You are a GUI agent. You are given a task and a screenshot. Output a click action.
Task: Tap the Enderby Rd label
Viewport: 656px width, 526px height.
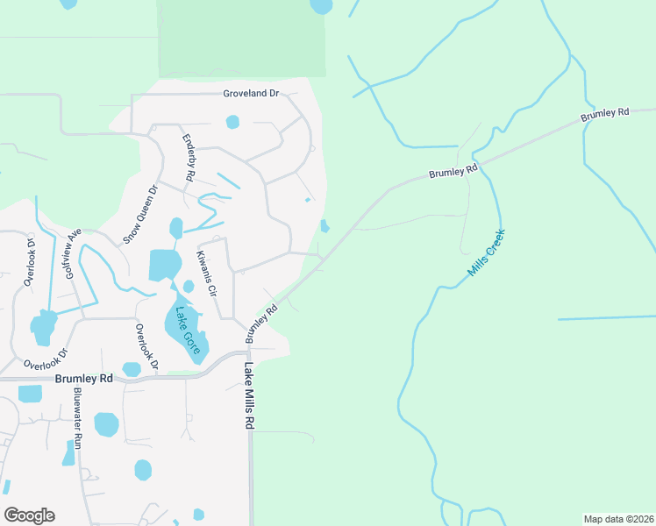[189, 158]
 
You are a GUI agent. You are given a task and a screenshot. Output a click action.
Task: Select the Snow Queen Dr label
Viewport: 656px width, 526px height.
[140, 213]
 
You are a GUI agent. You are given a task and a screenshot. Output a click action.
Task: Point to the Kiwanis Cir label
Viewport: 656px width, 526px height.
[205, 273]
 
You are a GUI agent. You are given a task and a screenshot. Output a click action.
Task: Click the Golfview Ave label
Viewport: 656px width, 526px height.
[73, 253]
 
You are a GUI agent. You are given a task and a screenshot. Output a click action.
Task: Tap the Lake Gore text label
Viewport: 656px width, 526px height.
[185, 325]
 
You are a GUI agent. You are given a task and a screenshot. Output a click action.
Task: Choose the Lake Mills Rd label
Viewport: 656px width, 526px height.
[249, 395]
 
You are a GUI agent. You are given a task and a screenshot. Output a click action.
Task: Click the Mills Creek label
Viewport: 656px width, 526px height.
[487, 253]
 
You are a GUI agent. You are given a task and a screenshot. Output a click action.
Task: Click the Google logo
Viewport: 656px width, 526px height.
[29, 515]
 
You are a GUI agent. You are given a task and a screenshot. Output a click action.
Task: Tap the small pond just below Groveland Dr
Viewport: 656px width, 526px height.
[232, 122]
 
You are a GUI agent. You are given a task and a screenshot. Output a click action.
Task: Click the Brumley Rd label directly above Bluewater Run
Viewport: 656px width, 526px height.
[84, 379]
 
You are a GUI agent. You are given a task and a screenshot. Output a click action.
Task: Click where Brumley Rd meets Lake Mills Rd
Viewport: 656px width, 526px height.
[246, 353]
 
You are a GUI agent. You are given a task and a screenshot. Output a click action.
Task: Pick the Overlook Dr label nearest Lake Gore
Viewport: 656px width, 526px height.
[144, 347]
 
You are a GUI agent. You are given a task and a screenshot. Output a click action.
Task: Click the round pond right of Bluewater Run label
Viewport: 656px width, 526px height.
[106, 424]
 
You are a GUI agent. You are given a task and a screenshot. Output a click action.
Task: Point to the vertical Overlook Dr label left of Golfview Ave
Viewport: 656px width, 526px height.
[29, 262]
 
